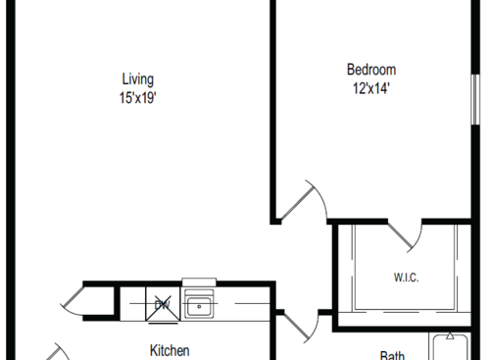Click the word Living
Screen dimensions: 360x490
pos(137,79)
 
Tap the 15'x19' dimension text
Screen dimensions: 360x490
pos(137,97)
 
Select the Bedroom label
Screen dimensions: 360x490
pos(371,70)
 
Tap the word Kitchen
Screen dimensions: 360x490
pos(169,350)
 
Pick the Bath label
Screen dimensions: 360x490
pos(393,355)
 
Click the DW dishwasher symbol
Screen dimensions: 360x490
pos(162,305)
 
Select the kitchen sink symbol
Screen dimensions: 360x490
pos(200,307)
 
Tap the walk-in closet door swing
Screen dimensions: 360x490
pos(406,235)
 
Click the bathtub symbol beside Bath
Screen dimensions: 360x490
pos(455,348)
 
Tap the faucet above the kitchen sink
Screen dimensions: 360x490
pos(200,284)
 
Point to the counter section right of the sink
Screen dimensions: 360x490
pos(245,306)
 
